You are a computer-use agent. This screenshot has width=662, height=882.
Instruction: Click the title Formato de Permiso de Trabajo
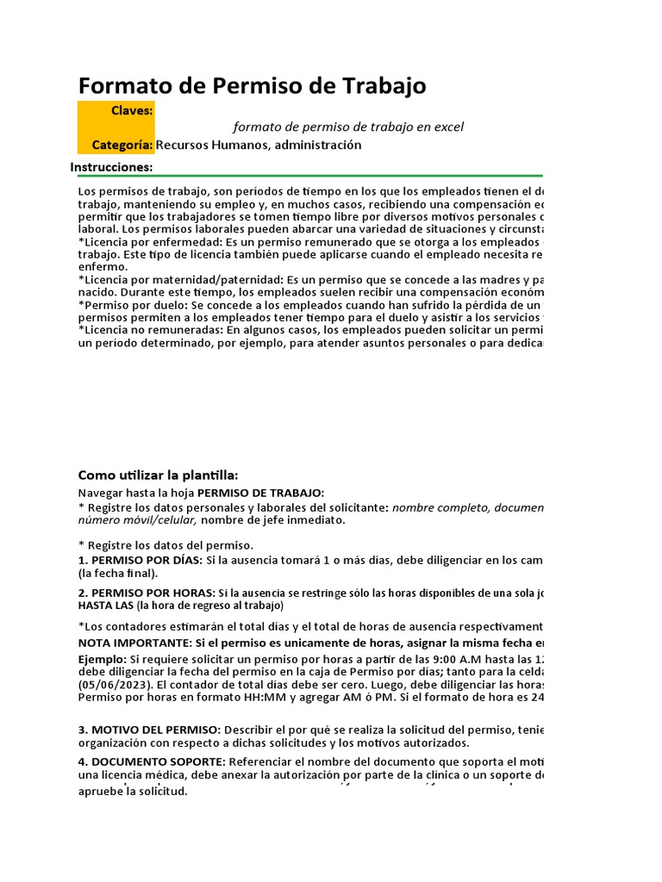point(252,86)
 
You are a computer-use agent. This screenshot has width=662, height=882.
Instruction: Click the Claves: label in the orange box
point(132,110)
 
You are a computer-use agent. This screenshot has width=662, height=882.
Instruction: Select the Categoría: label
point(122,145)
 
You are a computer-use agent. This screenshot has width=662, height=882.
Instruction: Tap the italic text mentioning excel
point(348,127)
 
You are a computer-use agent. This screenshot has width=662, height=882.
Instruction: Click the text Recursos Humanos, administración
point(259,145)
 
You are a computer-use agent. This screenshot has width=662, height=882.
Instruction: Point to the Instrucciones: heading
point(111,167)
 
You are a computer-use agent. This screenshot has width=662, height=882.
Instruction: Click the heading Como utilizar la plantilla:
point(158,475)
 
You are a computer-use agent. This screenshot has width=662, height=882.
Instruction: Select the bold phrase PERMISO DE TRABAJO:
point(261,493)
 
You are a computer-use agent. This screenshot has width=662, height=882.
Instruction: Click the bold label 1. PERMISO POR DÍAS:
point(140,560)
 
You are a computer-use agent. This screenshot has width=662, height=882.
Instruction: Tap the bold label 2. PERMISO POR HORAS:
point(147,593)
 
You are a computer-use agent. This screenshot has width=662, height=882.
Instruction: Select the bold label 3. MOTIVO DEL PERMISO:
point(149,730)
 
